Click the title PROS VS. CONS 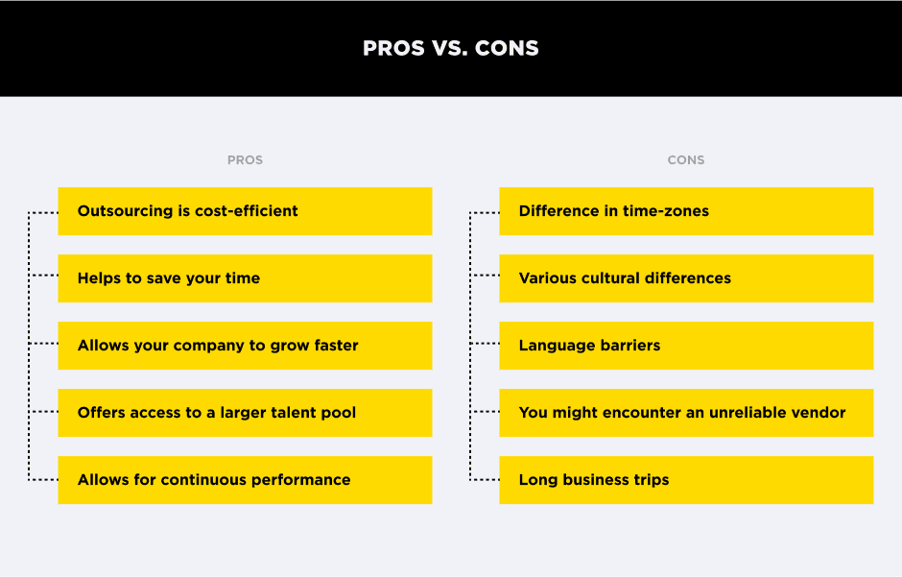point(450,48)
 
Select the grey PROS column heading point(245,160)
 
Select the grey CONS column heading point(685,160)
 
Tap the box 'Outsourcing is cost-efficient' point(245,211)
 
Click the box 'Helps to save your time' point(245,278)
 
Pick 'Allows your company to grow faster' point(245,346)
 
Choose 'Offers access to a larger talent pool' point(245,413)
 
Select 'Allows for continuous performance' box point(245,480)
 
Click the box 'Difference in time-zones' point(686,211)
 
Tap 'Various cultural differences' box point(686,278)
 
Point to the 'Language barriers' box point(686,346)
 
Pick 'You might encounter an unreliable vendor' point(686,413)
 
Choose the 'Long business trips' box point(686,480)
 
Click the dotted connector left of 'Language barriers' point(485,344)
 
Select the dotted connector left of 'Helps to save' point(43,276)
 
